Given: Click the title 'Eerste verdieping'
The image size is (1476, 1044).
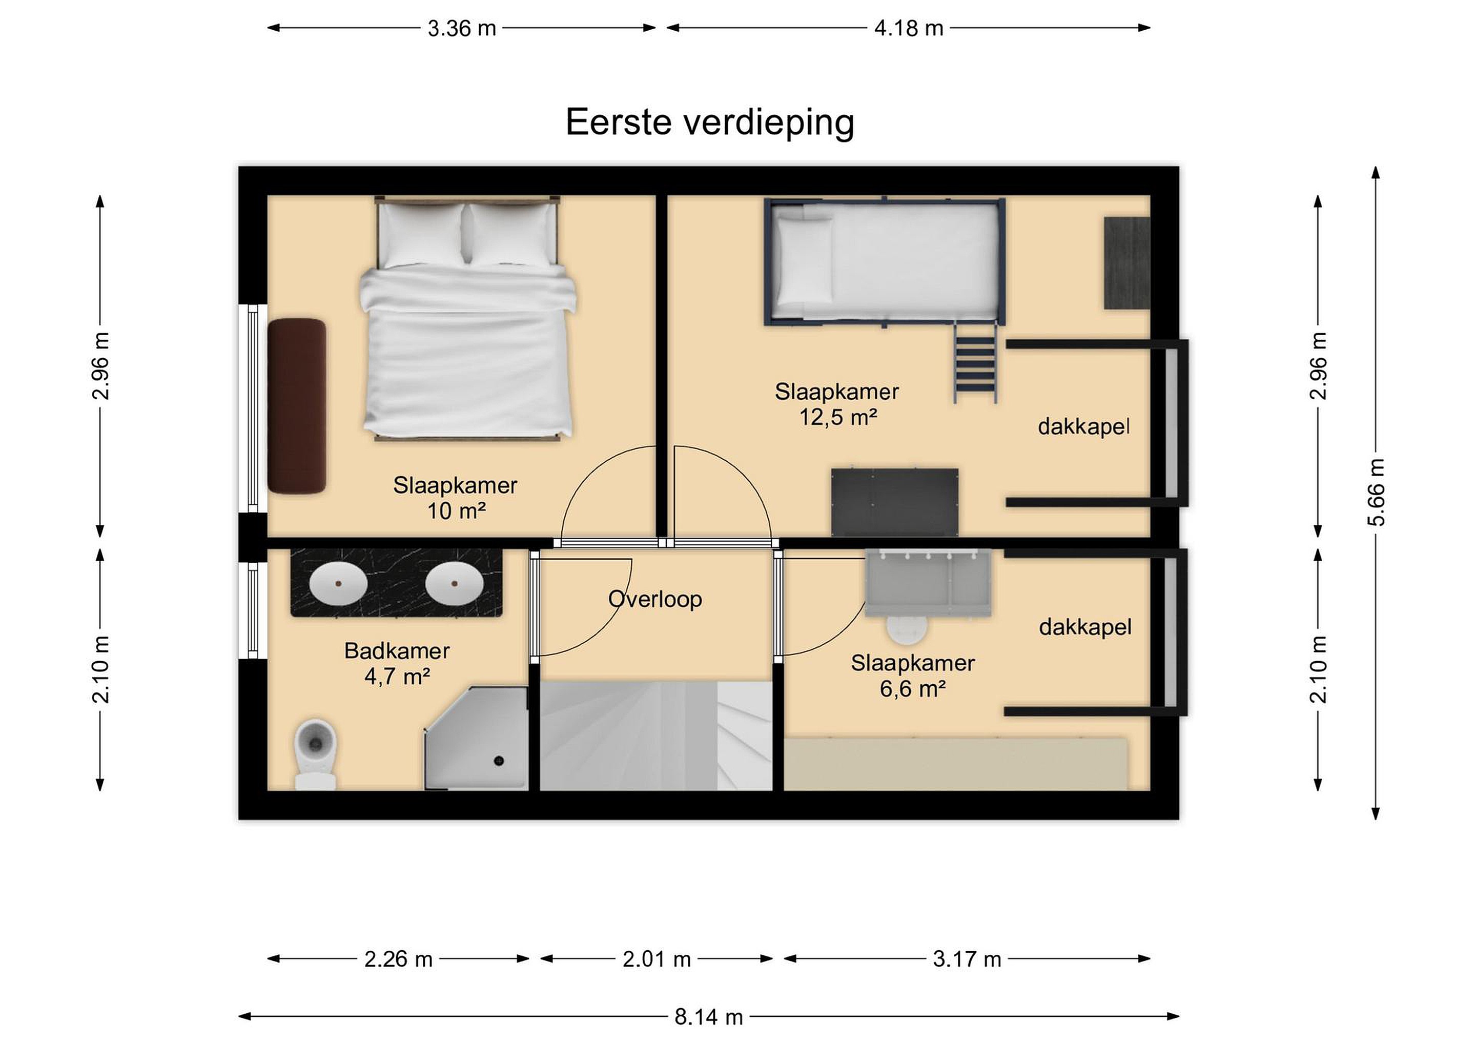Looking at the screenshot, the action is (x=710, y=122).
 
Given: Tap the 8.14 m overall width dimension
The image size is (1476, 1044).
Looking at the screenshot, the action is (x=708, y=1016).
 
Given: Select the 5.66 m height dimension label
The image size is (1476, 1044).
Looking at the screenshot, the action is (x=1376, y=493).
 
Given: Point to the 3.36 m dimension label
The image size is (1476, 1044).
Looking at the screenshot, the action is (x=462, y=28).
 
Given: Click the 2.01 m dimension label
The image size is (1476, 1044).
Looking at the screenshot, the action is (x=657, y=959).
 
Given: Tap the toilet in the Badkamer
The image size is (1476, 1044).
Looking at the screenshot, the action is (x=315, y=753).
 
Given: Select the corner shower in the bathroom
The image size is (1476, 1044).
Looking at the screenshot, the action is (x=476, y=738).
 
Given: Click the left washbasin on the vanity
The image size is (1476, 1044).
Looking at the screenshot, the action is (x=338, y=583).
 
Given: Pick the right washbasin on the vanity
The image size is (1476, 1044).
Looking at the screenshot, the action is (x=454, y=583).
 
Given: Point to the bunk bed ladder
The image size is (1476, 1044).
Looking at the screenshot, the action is (x=975, y=362).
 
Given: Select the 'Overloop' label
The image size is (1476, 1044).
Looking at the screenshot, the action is (x=655, y=599).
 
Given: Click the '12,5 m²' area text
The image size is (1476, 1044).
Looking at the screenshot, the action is (x=837, y=418).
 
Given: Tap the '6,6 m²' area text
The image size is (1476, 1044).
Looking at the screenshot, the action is (x=912, y=689).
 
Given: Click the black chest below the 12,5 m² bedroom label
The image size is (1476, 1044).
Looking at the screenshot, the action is (x=895, y=502).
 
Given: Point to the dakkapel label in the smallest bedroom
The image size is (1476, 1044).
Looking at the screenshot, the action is (x=1085, y=627).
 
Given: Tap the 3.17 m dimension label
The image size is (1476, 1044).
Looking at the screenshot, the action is (x=967, y=959).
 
